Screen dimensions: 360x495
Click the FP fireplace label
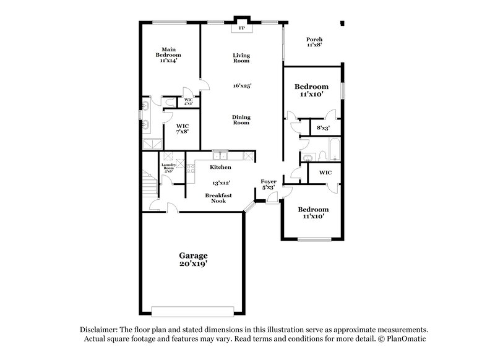pos(241,28)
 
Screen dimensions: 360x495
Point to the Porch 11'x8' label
pos(314,42)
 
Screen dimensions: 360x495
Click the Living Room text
pos(241,58)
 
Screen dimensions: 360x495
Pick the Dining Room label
pos(241,120)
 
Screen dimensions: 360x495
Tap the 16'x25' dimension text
pos(241,85)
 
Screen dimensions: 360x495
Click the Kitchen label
pos(220,168)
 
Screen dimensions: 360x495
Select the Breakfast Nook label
pos(219,198)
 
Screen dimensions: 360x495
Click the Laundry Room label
pos(168,167)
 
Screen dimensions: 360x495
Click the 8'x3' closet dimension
pos(323,128)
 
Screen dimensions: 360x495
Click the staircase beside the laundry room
pos(148,183)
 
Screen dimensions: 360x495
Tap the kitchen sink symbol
pos(220,155)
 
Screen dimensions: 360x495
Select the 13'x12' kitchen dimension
pos(221,183)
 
